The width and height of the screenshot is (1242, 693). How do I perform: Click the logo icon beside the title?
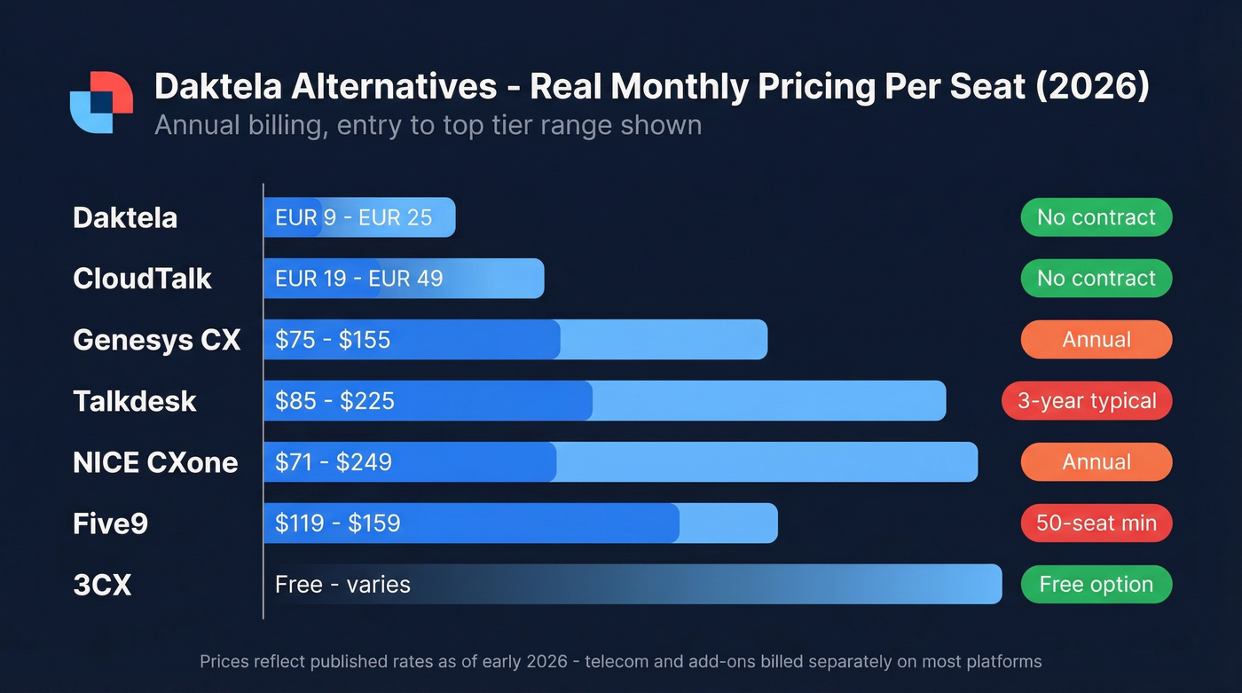pos(101,102)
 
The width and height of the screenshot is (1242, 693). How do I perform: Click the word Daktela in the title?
pos(217,87)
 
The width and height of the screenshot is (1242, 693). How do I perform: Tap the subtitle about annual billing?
pos(428,124)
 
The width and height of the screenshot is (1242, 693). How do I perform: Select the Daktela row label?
pos(125,217)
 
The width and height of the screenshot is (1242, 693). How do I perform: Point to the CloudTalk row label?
pos(142,279)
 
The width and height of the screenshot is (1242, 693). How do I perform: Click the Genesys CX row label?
pos(156,340)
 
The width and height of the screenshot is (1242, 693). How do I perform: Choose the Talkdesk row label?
pos(134,401)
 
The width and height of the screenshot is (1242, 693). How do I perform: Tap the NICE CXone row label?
pos(155,462)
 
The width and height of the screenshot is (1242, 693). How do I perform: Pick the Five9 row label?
pos(110,524)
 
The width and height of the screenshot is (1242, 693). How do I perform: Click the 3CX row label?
pos(102,585)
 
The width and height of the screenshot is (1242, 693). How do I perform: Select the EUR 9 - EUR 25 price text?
pos(353,217)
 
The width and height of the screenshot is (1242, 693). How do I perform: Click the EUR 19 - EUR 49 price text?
pos(358,279)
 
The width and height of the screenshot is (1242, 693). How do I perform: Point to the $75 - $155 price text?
pos(333,340)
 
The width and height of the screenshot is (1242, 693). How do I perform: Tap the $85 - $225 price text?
pos(334,401)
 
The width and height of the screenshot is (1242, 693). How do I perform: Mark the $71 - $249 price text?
pos(334,462)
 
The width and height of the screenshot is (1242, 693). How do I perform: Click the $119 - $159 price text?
pos(337,524)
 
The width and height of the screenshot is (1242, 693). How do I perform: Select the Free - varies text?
pos(342,585)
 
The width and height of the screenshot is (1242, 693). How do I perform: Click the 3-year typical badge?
pos(1087,401)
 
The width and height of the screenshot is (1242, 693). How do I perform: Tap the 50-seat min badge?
pos(1097,524)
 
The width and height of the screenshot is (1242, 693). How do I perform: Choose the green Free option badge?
pos(1097,585)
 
